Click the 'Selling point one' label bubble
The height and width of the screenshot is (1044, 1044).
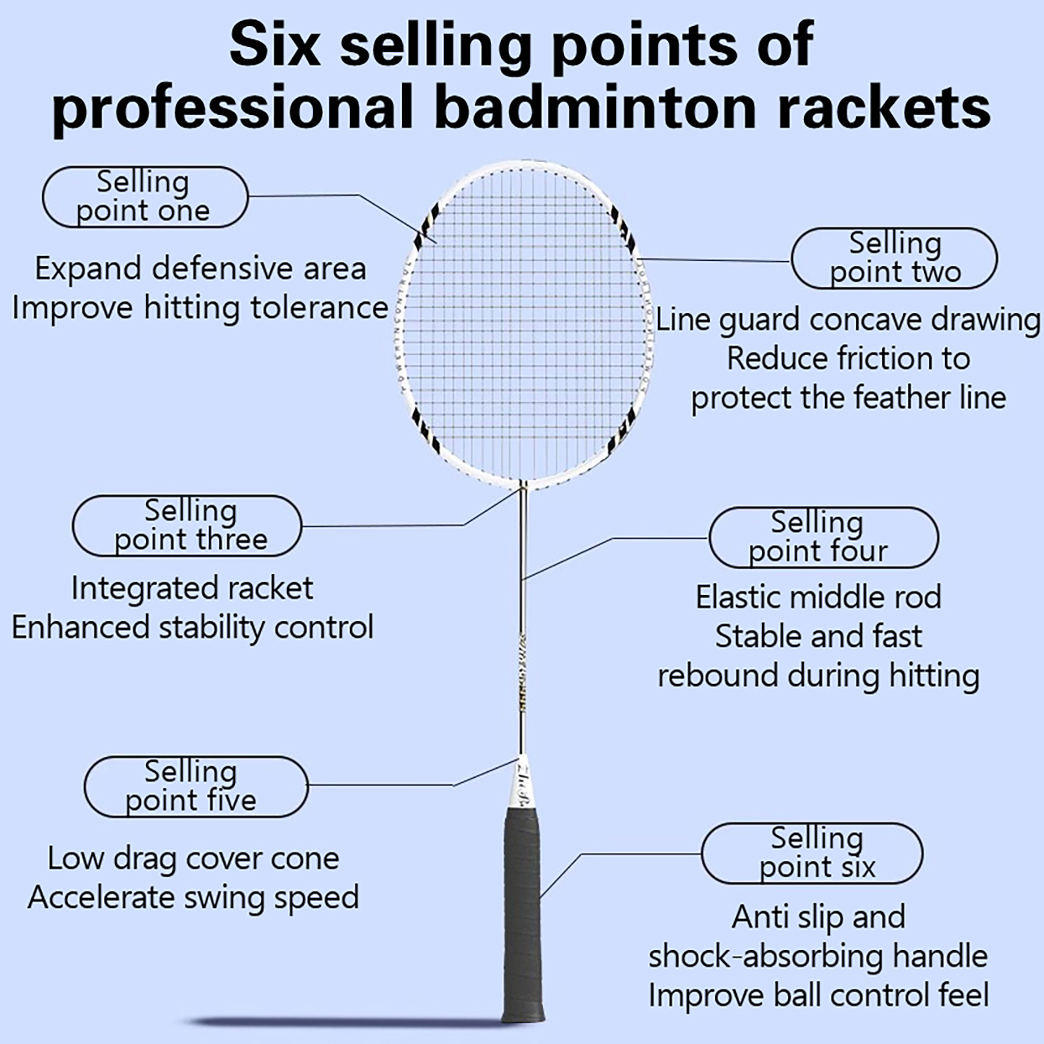pos(145,197)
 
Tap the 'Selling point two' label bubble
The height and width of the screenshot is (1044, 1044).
pos(894,258)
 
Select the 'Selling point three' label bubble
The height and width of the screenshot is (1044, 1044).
pos(187,526)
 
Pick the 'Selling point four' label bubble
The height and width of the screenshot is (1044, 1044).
pos(823,538)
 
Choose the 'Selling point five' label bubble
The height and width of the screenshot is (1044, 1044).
pos(196,787)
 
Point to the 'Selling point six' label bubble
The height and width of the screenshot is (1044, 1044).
pos(812,853)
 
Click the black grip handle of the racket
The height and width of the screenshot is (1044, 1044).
pos(523,913)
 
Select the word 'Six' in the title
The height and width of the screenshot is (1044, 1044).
pos(275,44)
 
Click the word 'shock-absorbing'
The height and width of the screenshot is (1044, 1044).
pos(765,957)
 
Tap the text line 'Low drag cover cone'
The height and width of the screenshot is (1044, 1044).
pos(193,859)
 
